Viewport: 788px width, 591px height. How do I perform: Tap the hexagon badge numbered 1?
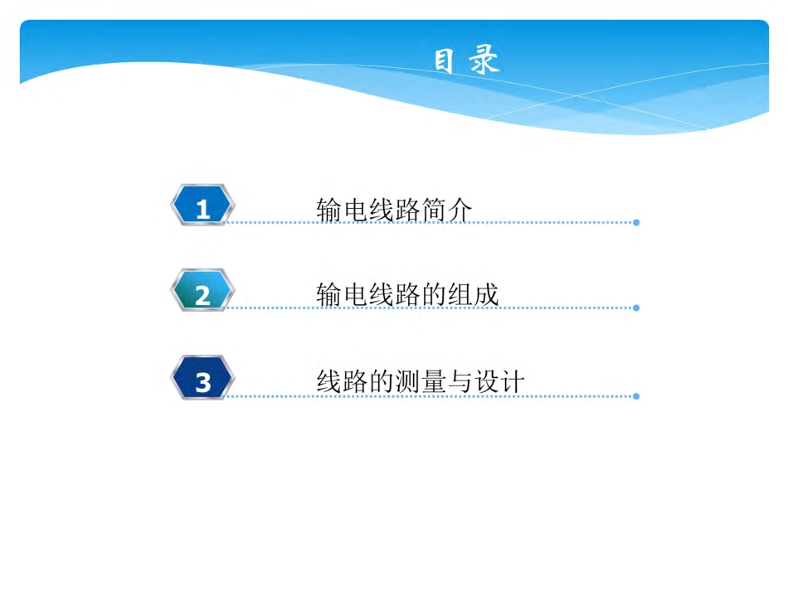pos(202,206)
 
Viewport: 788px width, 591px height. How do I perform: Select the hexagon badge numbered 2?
pos(202,292)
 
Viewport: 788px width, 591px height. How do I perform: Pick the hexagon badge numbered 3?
pos(202,380)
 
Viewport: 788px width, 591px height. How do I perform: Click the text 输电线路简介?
pos(394,211)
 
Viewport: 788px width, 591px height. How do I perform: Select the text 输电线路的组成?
pos(407,295)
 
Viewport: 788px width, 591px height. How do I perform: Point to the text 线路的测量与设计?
pos(421,381)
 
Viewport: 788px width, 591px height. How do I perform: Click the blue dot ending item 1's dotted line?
pos(636,222)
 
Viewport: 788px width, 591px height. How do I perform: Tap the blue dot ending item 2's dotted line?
pos(636,308)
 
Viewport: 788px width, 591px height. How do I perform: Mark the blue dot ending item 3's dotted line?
pos(636,396)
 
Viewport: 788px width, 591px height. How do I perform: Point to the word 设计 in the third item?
pos(499,381)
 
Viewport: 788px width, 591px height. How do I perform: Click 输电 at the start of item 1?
pos(342,211)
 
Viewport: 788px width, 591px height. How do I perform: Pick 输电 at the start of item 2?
pos(342,295)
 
